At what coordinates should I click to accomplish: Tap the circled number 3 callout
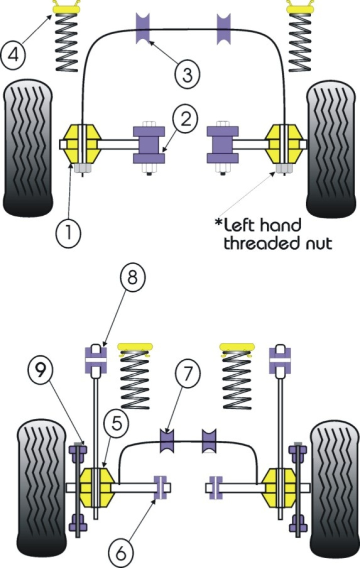click(x=187, y=75)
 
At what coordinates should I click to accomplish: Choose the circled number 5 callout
click(x=115, y=424)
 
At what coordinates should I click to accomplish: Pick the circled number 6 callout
click(x=121, y=552)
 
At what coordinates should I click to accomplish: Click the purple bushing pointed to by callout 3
click(x=143, y=28)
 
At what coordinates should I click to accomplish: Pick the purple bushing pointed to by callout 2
click(x=148, y=145)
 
